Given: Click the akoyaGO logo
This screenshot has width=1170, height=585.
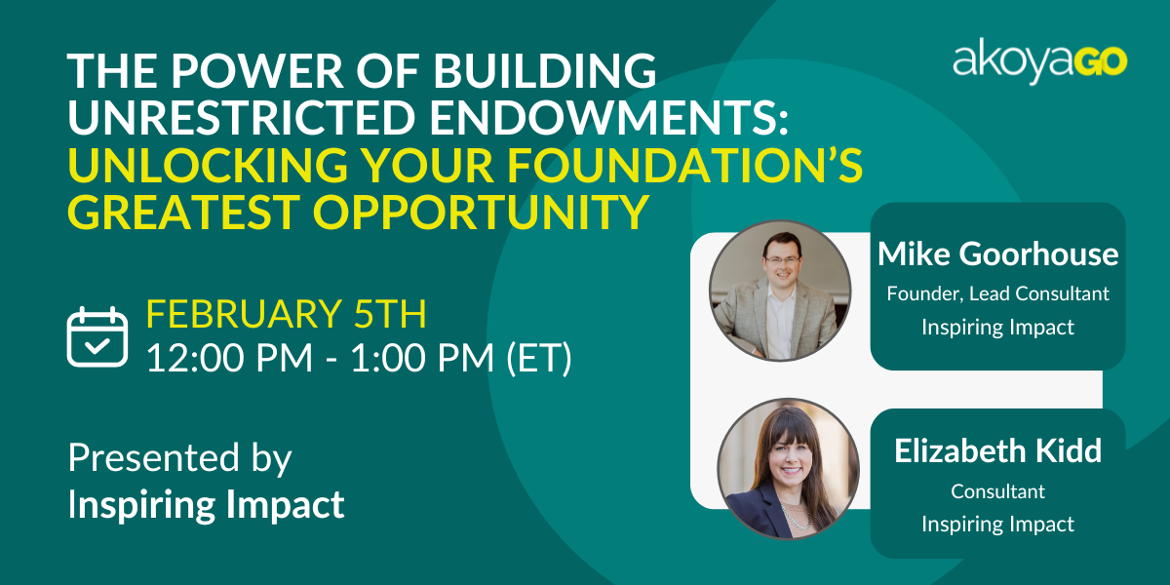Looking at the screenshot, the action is (x=1039, y=61).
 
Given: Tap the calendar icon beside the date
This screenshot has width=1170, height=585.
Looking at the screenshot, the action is (x=97, y=337).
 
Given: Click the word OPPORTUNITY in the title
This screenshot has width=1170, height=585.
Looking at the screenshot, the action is (x=481, y=212).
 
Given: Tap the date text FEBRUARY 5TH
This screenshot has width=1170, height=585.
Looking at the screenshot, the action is (x=287, y=313).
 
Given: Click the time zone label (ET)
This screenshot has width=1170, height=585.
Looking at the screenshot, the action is (x=539, y=358).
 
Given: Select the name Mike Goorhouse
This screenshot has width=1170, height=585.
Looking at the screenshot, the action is (x=997, y=254).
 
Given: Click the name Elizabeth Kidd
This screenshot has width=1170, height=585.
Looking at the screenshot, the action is (x=997, y=450).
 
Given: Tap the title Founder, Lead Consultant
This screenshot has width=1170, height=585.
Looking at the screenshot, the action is (x=997, y=293).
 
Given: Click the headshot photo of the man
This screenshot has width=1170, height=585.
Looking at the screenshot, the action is (x=780, y=291).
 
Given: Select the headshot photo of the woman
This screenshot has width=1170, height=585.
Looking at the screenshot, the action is (x=788, y=469).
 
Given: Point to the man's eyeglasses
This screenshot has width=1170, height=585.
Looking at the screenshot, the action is (x=782, y=259).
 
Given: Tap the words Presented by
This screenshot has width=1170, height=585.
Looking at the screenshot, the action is (x=179, y=458).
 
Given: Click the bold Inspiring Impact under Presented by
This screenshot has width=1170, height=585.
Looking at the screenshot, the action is (x=207, y=505).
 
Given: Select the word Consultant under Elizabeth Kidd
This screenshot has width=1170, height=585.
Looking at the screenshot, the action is (x=997, y=491).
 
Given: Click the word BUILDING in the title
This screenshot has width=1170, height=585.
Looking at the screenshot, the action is (x=545, y=70).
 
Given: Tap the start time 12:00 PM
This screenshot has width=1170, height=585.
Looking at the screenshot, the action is (x=229, y=358).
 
